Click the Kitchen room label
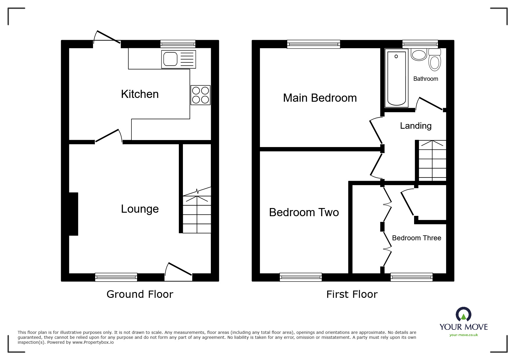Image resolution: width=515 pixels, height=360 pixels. (140, 94)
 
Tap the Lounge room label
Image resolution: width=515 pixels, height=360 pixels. (140, 209)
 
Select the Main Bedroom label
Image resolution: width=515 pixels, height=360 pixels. (320, 98)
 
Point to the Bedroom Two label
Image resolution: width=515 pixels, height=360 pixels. (304, 212)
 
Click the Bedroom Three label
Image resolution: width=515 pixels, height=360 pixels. (416, 238)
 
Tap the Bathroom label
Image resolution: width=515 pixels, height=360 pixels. (425, 79)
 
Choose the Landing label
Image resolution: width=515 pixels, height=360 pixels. (416, 126)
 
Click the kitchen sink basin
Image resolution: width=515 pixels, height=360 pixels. (170, 59)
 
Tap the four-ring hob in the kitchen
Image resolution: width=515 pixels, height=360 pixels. (200, 95)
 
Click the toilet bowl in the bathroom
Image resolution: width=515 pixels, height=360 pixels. (434, 63)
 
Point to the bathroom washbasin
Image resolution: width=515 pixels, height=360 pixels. (419, 55)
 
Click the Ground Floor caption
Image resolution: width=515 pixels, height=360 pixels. (140, 294)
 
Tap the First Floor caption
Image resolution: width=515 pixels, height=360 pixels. (352, 294)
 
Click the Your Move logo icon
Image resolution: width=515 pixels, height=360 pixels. (463, 314)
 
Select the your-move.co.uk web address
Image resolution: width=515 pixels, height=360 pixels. (464, 335)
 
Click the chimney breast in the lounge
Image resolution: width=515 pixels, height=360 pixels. (74, 214)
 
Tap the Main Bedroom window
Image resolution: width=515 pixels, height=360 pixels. (313, 44)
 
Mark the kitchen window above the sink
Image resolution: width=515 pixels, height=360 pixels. (178, 44)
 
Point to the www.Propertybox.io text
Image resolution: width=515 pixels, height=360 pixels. (93, 342)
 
